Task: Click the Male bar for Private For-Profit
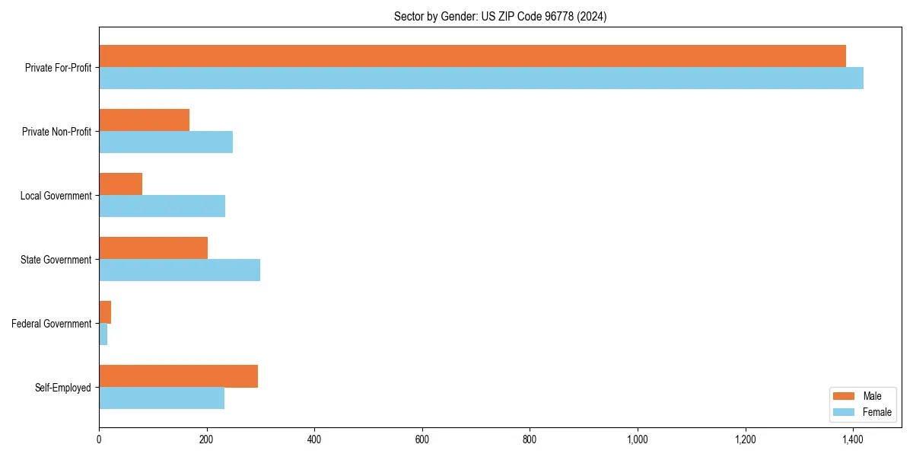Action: (472, 56)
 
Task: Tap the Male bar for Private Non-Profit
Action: (144, 120)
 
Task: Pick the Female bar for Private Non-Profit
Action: (166, 142)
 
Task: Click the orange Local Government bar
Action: (120, 184)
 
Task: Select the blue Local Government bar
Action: (162, 206)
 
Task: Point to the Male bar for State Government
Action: (153, 248)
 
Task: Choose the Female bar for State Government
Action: (180, 270)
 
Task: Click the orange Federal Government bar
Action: (105, 312)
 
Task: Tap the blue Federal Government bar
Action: (103, 334)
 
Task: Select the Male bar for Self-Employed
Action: (178, 376)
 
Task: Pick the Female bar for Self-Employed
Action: (161, 398)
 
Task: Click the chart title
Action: (500, 16)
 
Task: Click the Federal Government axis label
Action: (51, 324)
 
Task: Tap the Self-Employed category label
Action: (62, 388)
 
